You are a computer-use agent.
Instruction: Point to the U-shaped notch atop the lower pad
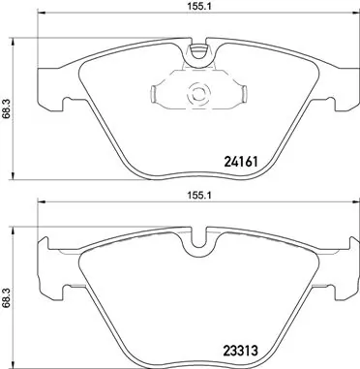tap(199, 238)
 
